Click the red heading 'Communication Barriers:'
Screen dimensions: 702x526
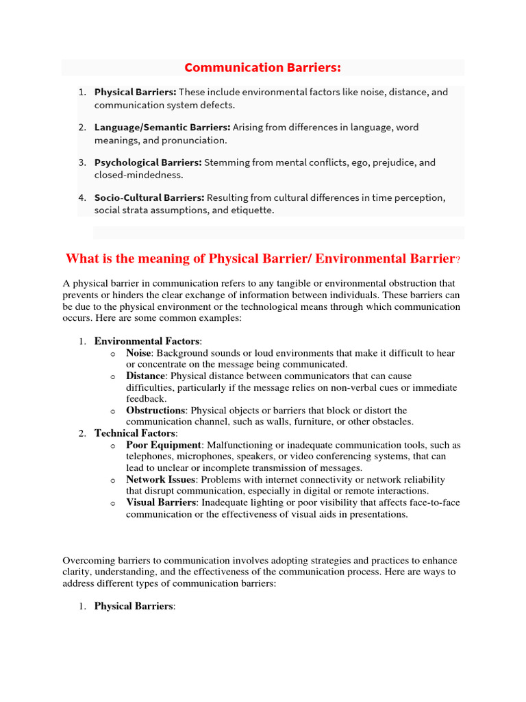(x=263, y=67)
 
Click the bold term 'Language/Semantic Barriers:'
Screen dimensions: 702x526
(x=162, y=128)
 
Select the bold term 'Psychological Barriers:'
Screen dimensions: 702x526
(x=148, y=163)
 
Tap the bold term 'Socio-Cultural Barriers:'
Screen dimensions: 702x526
(x=149, y=198)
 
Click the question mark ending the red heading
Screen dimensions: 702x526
(x=458, y=259)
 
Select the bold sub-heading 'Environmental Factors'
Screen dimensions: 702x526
(x=147, y=341)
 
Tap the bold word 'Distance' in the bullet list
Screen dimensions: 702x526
(x=145, y=376)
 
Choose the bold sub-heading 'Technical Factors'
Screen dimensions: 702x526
(x=135, y=433)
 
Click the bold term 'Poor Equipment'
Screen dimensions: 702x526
(x=164, y=445)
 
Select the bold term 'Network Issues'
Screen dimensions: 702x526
(x=160, y=480)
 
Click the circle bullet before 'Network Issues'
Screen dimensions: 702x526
(x=112, y=481)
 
